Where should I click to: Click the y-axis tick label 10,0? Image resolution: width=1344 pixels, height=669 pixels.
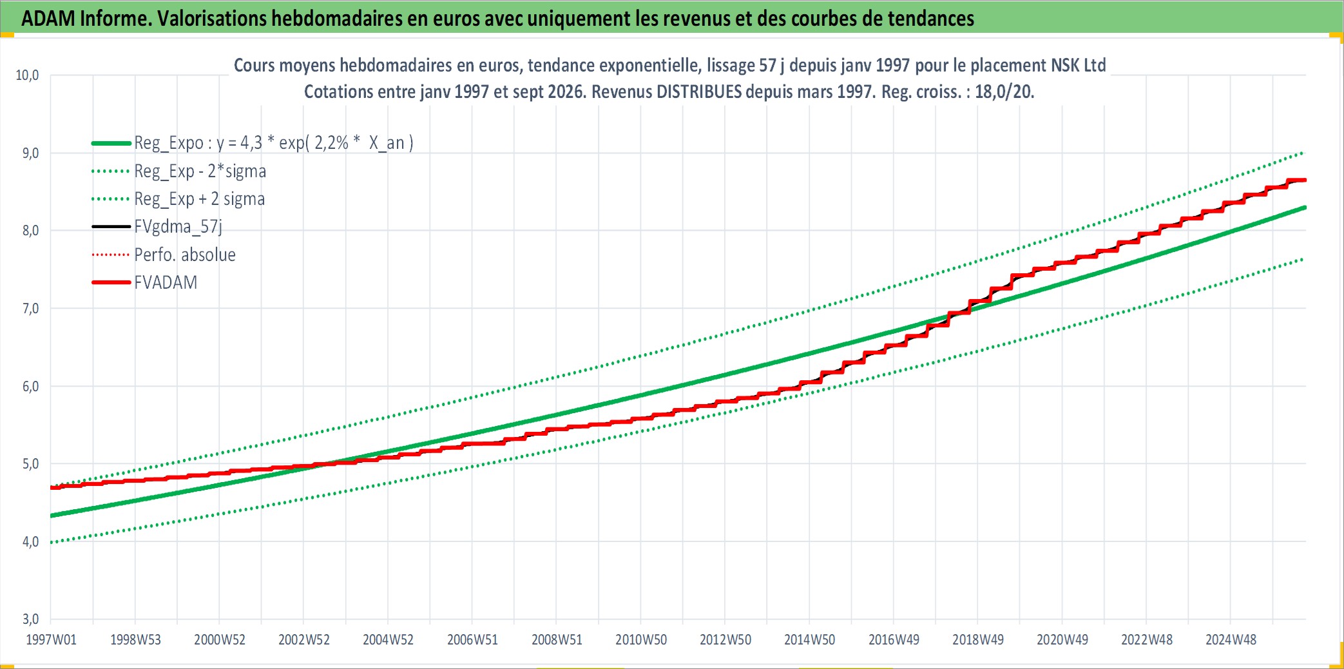pyautogui.click(x=27, y=75)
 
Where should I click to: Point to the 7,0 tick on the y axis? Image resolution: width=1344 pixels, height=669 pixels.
pyautogui.click(x=31, y=309)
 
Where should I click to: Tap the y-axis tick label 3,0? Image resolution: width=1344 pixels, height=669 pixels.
pyautogui.click(x=31, y=619)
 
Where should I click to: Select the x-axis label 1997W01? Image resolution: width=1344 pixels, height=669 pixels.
pyautogui.click(x=51, y=640)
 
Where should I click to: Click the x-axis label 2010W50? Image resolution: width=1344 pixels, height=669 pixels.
pyautogui.click(x=641, y=640)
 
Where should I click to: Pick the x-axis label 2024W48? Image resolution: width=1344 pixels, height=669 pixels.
pyautogui.click(x=1231, y=640)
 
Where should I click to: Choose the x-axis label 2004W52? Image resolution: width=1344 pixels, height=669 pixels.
pyautogui.click(x=388, y=640)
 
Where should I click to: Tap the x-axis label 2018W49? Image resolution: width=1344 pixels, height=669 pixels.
pyautogui.click(x=978, y=640)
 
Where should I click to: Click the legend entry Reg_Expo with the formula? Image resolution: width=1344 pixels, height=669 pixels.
pyautogui.click(x=274, y=143)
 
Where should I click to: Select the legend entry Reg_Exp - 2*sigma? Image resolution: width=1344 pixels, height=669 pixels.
pyautogui.click(x=200, y=171)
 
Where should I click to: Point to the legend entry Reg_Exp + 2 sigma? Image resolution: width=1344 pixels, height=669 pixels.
pyautogui.click(x=200, y=199)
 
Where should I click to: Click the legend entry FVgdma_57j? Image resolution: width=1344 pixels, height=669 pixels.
pyautogui.click(x=178, y=227)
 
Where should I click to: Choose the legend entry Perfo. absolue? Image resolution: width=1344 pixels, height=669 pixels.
pyautogui.click(x=185, y=255)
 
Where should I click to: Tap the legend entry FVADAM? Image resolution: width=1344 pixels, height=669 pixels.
pyautogui.click(x=166, y=283)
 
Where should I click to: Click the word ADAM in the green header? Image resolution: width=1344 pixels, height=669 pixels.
pyautogui.click(x=48, y=19)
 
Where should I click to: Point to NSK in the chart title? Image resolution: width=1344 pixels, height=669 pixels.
pyautogui.click(x=1065, y=65)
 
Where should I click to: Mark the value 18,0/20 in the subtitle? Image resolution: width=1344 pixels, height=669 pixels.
pyautogui.click(x=1004, y=92)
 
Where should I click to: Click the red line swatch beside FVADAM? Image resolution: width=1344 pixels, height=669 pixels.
pyautogui.click(x=111, y=282)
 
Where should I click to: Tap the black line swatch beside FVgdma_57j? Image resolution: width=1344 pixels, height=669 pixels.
pyautogui.click(x=111, y=227)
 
